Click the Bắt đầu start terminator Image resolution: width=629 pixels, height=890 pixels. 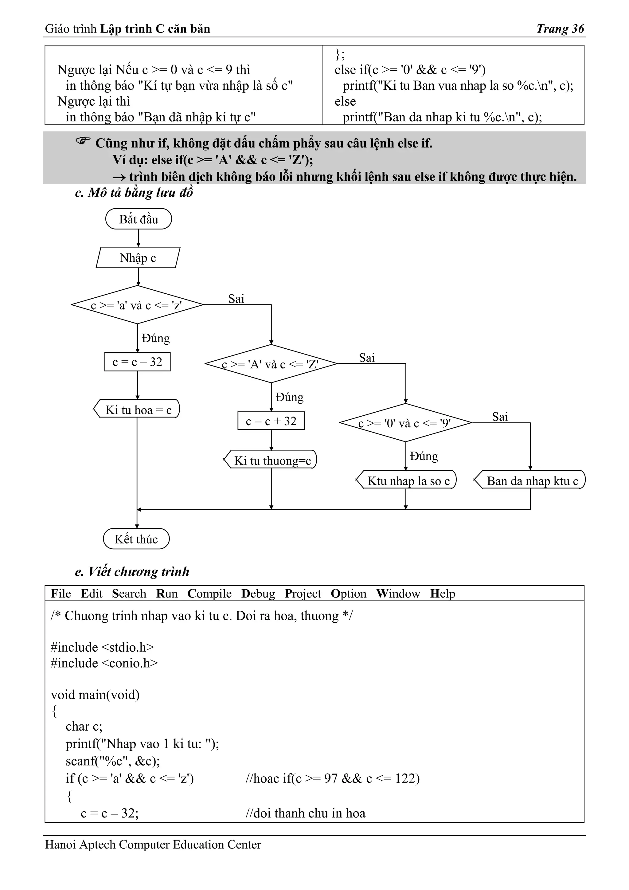[138, 219]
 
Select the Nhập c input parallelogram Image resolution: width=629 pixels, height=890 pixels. [138, 258]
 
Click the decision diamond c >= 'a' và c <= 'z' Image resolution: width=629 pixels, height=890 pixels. [137, 305]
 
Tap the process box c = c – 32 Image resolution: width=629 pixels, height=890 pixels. [137, 362]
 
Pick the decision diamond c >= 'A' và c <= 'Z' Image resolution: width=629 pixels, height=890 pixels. [271, 364]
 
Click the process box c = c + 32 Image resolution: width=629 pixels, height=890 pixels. [271, 421]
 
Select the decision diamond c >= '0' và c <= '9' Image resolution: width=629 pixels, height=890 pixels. [405, 423]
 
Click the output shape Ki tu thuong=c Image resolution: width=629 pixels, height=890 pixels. [271, 460]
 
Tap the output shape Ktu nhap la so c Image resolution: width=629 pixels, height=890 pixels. [407, 481]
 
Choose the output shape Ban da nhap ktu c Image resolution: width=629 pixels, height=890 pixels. [530, 481]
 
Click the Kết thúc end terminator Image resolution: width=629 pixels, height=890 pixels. [136, 539]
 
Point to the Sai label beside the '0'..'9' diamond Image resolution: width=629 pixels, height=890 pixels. [500, 417]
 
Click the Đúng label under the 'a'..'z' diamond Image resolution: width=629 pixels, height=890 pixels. [155, 338]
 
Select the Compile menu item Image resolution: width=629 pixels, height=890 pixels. [209, 594]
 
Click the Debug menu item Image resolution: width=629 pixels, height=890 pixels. [258, 594]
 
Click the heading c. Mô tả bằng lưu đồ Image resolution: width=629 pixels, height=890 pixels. [134, 193]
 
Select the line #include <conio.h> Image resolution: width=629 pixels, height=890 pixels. [104, 663]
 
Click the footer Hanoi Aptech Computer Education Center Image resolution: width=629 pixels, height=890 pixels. [153, 844]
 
